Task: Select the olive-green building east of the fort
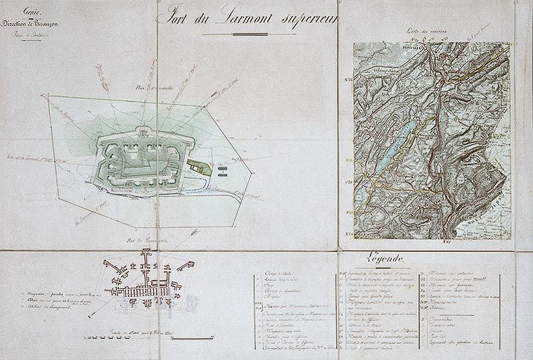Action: coord(199,166)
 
